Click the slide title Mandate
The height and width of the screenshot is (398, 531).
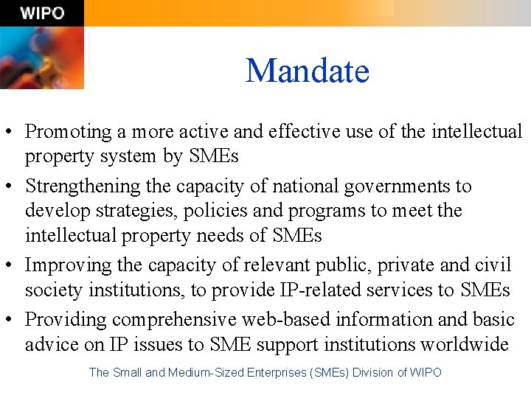point(307,71)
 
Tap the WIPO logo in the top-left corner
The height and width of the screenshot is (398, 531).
point(42,13)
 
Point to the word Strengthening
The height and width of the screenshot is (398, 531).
point(80,186)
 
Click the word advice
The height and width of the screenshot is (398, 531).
point(52,345)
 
